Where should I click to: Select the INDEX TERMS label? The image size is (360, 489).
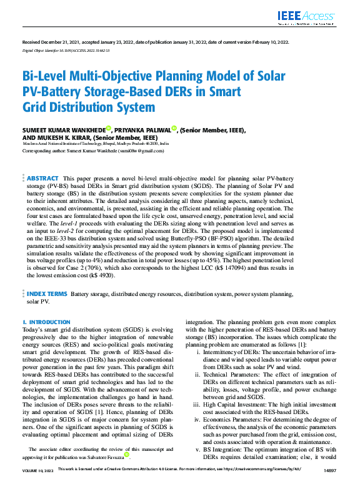47,293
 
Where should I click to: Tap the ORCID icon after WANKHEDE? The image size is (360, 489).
108,128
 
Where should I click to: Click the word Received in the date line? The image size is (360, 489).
32,42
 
